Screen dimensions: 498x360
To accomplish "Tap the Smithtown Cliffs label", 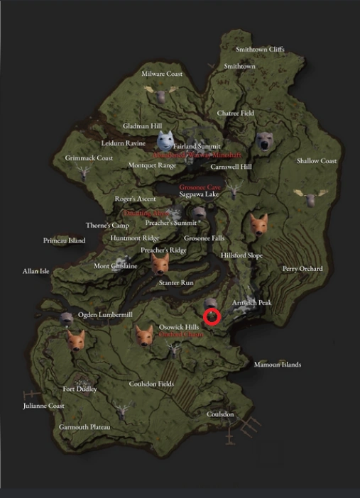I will point(260,50).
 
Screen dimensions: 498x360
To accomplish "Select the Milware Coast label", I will point(162,74).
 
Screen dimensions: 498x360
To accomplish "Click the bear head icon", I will point(265,143).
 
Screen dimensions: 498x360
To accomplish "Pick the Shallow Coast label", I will point(317,161).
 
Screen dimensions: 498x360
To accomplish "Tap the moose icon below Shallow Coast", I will point(310,197).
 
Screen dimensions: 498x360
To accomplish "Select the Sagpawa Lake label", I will point(199,194).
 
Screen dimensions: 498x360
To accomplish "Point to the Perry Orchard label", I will point(302,269).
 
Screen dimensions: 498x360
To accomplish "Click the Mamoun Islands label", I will point(278,365).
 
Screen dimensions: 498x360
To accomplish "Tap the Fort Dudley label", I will point(79,389).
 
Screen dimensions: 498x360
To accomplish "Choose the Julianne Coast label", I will point(44,406).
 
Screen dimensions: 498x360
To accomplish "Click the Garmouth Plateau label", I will point(84,428).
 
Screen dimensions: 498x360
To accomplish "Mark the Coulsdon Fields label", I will point(151,384).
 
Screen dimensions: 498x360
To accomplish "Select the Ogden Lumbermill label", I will point(105,314).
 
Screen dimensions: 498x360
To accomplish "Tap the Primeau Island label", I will point(64,240).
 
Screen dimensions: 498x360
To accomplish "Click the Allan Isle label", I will point(36,271).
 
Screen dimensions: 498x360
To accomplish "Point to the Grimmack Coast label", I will point(89,157).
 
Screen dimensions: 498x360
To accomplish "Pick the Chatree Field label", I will point(235,113).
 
